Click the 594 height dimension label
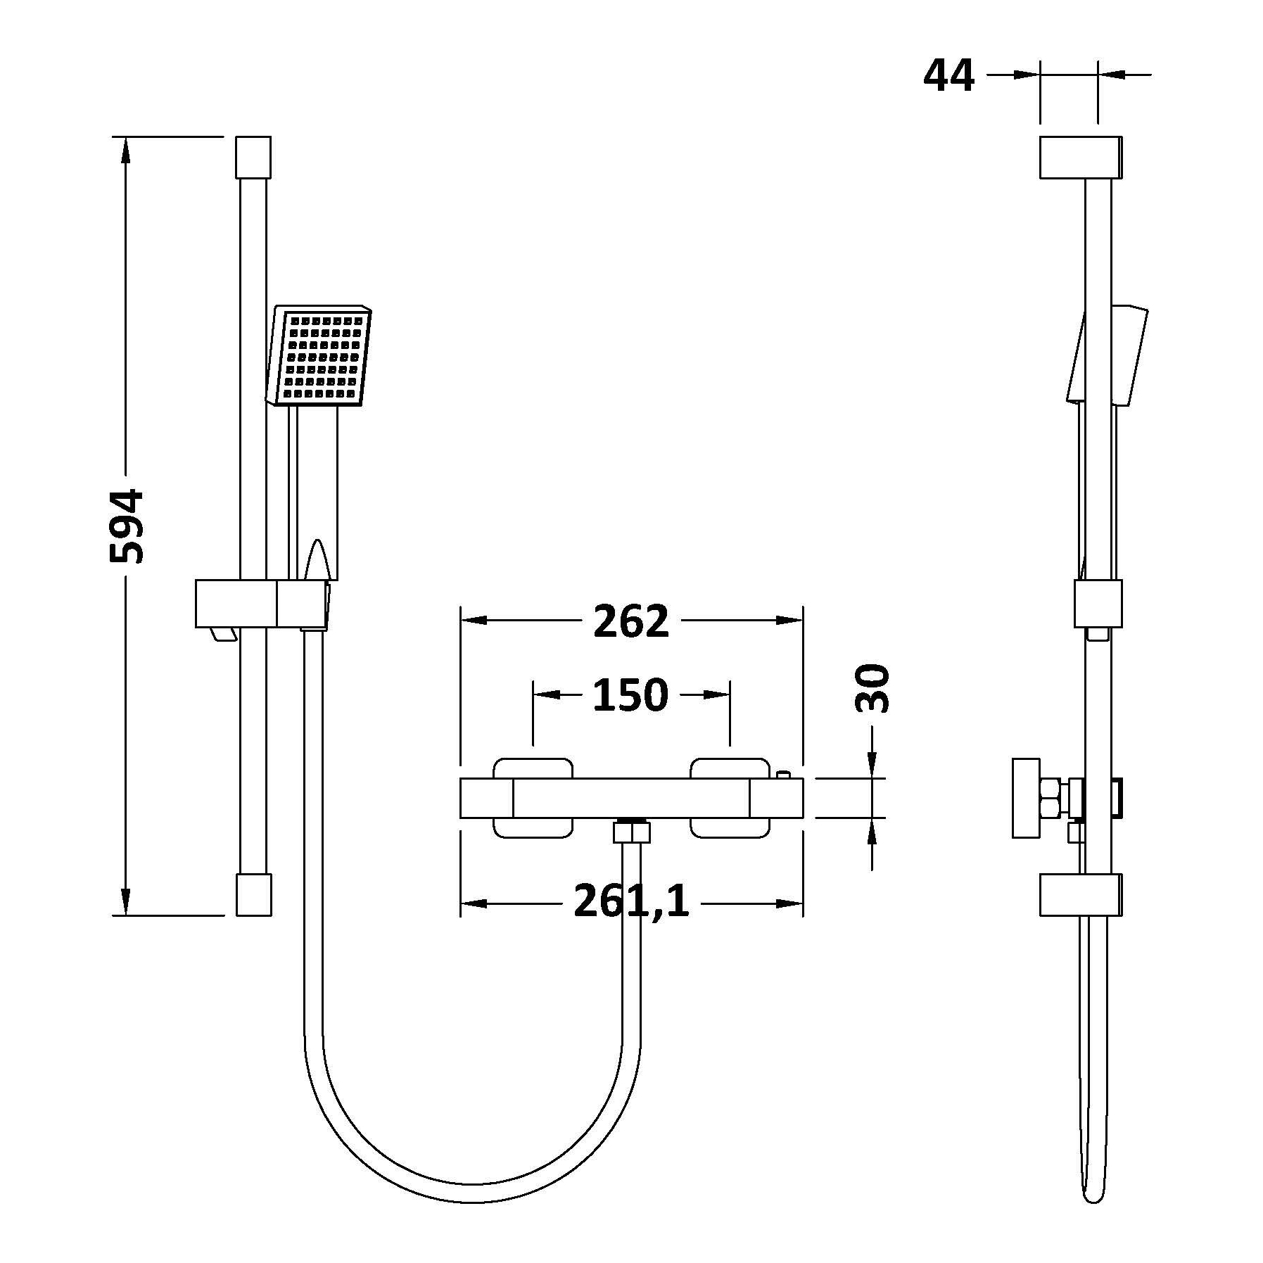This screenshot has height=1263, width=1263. point(127,526)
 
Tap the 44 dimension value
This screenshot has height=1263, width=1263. point(948,75)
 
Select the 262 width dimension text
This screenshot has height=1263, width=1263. point(630,621)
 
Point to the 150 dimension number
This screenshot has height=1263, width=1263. point(630,695)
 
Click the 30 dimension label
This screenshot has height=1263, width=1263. point(872,687)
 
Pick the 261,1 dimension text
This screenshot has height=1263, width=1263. point(631,901)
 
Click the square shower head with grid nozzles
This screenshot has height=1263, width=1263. point(319,356)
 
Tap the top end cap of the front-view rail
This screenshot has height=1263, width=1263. point(253,156)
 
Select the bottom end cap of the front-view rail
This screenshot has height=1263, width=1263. point(253,894)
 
